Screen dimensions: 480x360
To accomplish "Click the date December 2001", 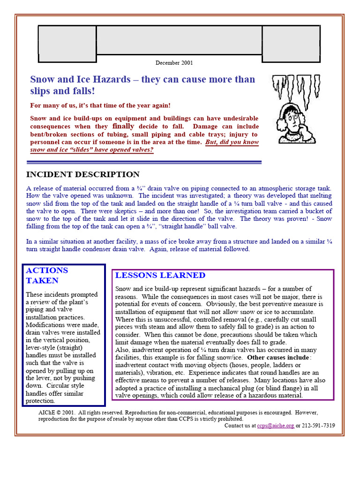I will (x=174, y=63).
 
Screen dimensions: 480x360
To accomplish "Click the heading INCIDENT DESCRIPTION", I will (x=82, y=175).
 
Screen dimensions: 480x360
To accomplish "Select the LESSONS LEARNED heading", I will (x=160, y=276).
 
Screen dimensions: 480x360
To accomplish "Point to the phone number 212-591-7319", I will (x=318, y=426).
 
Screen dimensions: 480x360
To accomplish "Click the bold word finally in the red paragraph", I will (x=123, y=127).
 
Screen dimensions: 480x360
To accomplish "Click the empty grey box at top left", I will (x=67, y=40).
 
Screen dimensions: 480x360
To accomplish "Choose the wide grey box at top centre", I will (x=179, y=40).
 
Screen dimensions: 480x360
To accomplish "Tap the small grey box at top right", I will (x=291, y=40).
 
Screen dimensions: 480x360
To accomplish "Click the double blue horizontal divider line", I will (x=144, y=162).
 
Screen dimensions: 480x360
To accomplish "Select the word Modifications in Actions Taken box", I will (x=45, y=325).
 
